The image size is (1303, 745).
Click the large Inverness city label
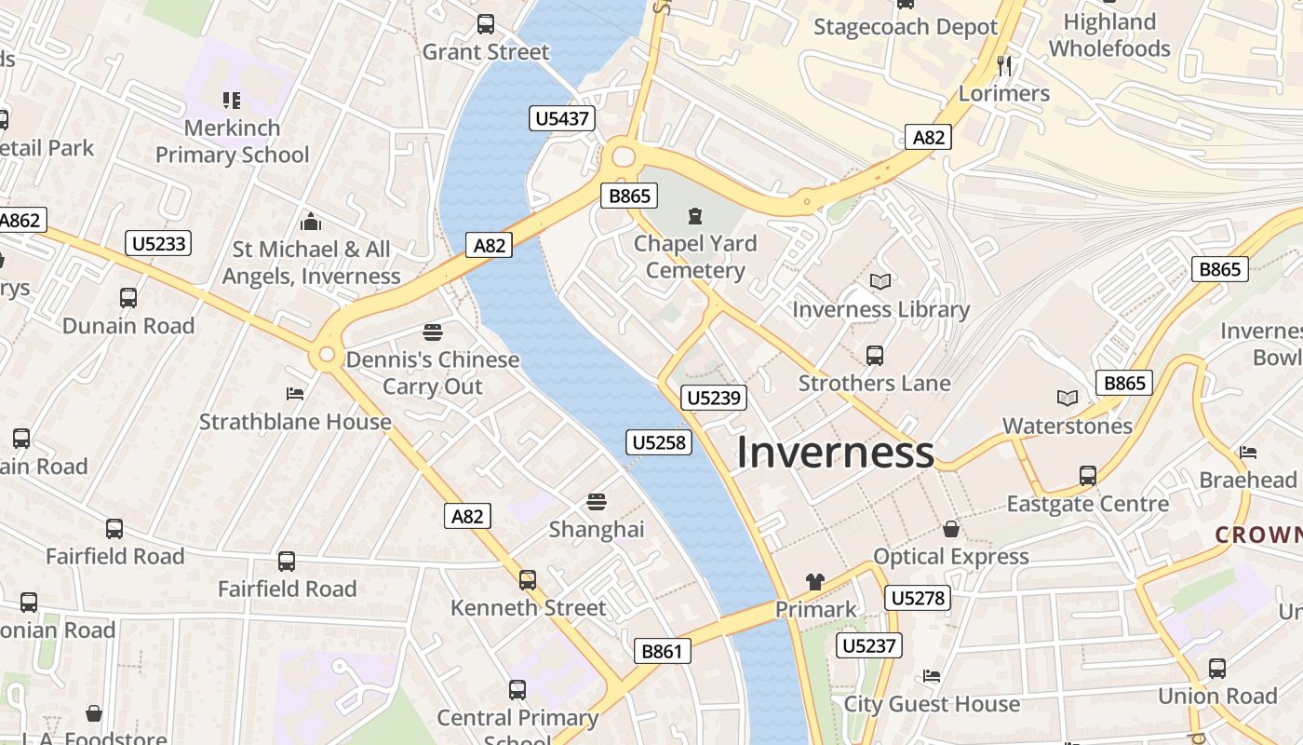pos(835,453)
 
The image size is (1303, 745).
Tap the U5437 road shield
pos(562,118)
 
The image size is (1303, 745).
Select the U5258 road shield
pos(659,442)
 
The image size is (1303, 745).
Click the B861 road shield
pos(662,651)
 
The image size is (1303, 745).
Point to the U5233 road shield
pos(158,244)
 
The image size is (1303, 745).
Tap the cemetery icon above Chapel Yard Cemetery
pos(694,217)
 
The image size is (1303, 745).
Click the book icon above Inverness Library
pos(880,281)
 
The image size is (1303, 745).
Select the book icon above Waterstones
pos(1067,399)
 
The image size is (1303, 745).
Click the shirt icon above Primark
pos(815,582)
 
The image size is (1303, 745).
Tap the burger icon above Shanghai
pos(597,502)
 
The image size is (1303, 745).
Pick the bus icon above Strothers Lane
pos(874,355)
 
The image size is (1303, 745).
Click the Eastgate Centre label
pos(1087,504)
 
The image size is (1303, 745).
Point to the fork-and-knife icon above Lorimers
pos(1003,65)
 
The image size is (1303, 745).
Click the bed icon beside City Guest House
pos(931,676)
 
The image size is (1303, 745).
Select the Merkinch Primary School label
pos(232,141)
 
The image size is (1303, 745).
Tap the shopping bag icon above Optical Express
pos(950,529)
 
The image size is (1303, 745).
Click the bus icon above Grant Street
pos(485,24)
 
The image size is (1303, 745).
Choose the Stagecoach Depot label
pos(905,27)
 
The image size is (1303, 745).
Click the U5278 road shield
pos(918,598)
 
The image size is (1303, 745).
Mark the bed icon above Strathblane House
pos(295,394)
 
